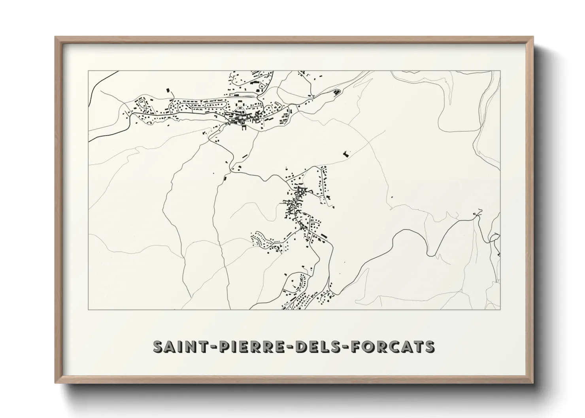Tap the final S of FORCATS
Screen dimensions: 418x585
pos(430,346)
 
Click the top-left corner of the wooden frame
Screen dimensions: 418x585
pos(56,37)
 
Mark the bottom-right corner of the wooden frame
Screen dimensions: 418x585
pos(533,383)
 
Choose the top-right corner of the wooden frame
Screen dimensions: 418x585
pos(533,37)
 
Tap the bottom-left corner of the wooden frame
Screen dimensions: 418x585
pos(56,383)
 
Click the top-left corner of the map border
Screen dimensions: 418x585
pos(88,71)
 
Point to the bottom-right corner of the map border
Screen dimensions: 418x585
pos(500,309)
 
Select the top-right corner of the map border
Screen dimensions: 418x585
pos(500,71)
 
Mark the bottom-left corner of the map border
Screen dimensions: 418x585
pos(88,309)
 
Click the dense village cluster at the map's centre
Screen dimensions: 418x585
pos(298,198)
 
